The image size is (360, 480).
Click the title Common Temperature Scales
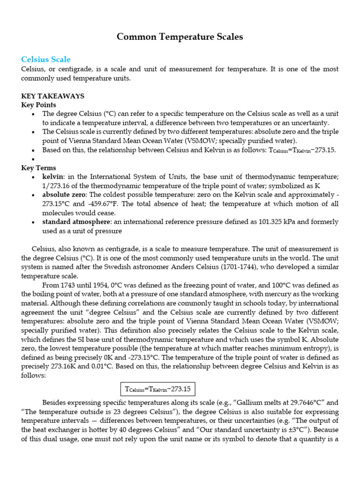point(180,37)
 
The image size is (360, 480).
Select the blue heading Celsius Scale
point(46,60)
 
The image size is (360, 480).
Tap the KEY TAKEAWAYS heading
point(53,96)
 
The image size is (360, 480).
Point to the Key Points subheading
point(39,105)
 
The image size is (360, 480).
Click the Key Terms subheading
point(38,168)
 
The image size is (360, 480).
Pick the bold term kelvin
point(53,177)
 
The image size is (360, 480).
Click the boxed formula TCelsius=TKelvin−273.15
point(158,390)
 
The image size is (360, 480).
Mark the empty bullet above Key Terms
point(32,159)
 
